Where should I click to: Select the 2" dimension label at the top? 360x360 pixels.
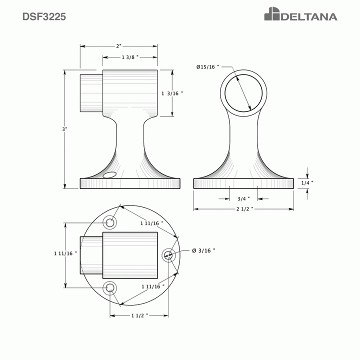pos(118,46)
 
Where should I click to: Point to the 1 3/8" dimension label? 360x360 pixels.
pos(130,57)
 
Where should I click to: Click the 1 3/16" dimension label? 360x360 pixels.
pos(172,93)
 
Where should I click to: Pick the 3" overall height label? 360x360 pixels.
pos(64,129)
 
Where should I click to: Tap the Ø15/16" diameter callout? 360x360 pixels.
pos(207,66)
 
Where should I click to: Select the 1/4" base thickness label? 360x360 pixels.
pos(307,183)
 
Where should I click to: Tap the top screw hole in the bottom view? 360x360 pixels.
pos(110,222)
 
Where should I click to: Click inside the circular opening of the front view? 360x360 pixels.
pos(243,93)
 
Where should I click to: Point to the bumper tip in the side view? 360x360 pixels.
pos(90,93)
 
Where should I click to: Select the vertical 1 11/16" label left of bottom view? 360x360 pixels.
pos(66,253)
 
